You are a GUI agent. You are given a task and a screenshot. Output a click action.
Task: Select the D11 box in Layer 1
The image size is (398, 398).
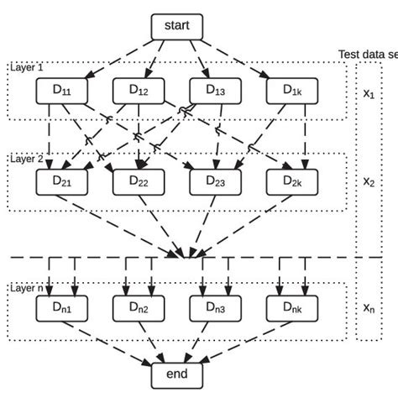click(61, 90)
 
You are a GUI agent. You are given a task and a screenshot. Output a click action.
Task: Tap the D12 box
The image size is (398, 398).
click(139, 90)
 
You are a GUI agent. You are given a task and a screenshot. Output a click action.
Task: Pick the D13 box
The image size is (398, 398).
click(215, 90)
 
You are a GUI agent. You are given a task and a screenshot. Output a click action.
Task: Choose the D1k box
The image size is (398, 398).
click(291, 90)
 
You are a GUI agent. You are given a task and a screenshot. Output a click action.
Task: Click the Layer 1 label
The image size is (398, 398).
click(28, 66)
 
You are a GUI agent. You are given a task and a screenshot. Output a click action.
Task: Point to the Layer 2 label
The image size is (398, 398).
click(28, 158)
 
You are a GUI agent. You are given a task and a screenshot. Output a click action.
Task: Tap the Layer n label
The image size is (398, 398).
click(28, 288)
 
